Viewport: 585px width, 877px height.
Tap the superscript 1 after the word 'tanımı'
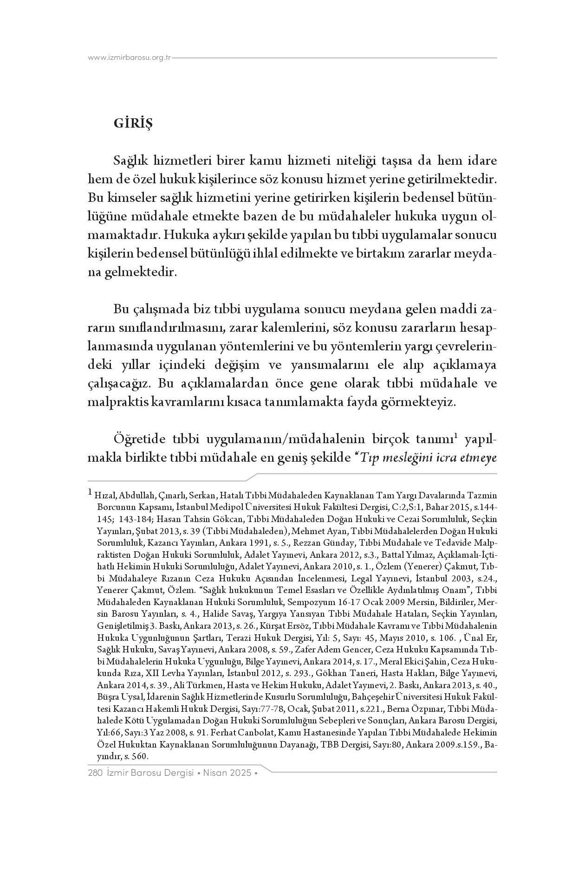(x=456, y=436)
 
